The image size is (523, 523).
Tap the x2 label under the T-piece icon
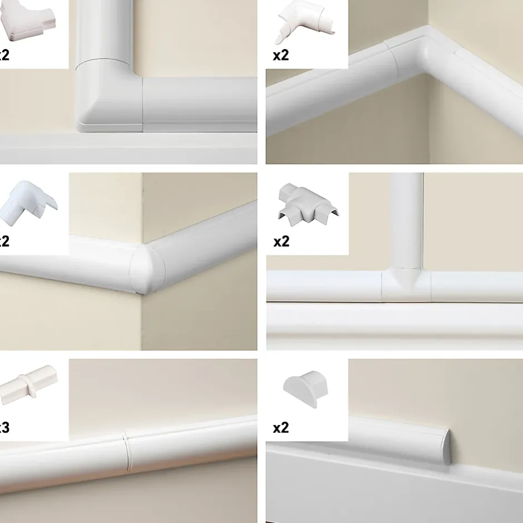(281, 241)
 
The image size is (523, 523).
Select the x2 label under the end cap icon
(281, 427)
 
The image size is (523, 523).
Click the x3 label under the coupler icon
(4, 427)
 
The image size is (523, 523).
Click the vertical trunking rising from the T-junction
(407, 223)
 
